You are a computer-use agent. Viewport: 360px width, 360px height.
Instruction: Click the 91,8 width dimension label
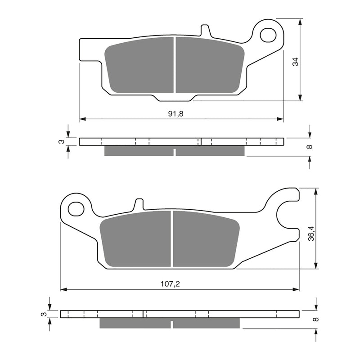coord(176,114)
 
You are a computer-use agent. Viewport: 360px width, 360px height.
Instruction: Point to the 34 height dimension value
coord(295,62)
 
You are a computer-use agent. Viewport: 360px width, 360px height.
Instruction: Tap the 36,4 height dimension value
coord(310,233)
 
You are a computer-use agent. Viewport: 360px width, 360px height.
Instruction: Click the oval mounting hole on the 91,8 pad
coord(269,33)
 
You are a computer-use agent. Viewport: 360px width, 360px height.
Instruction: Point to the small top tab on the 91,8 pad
coord(206,31)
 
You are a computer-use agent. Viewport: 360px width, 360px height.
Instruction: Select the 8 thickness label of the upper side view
coord(309,147)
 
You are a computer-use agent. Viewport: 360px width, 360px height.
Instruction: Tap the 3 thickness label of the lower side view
coord(44,314)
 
